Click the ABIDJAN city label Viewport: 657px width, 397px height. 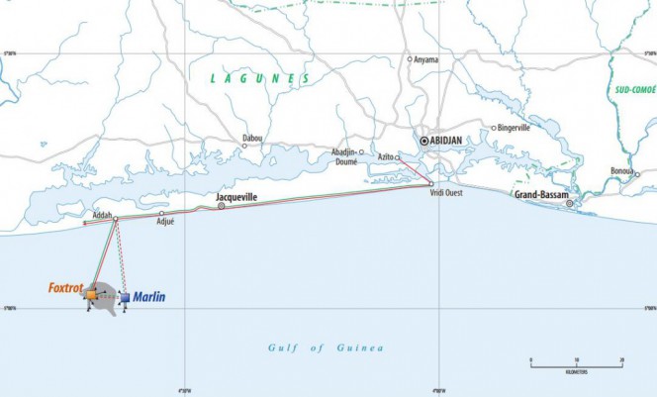(x=451, y=142)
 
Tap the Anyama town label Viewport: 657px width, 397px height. (x=427, y=59)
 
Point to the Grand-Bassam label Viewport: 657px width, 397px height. (x=539, y=195)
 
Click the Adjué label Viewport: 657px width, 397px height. (x=165, y=222)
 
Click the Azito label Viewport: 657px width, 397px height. (x=385, y=157)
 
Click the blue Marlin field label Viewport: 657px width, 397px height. (x=149, y=296)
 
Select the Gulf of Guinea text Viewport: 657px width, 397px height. (x=326, y=347)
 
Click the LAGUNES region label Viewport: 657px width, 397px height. (x=260, y=78)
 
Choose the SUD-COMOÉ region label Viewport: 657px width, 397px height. (x=635, y=89)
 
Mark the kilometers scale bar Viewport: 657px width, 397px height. (x=576, y=366)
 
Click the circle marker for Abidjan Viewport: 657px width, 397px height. (x=424, y=142)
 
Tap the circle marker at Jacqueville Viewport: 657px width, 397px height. (x=221, y=206)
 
